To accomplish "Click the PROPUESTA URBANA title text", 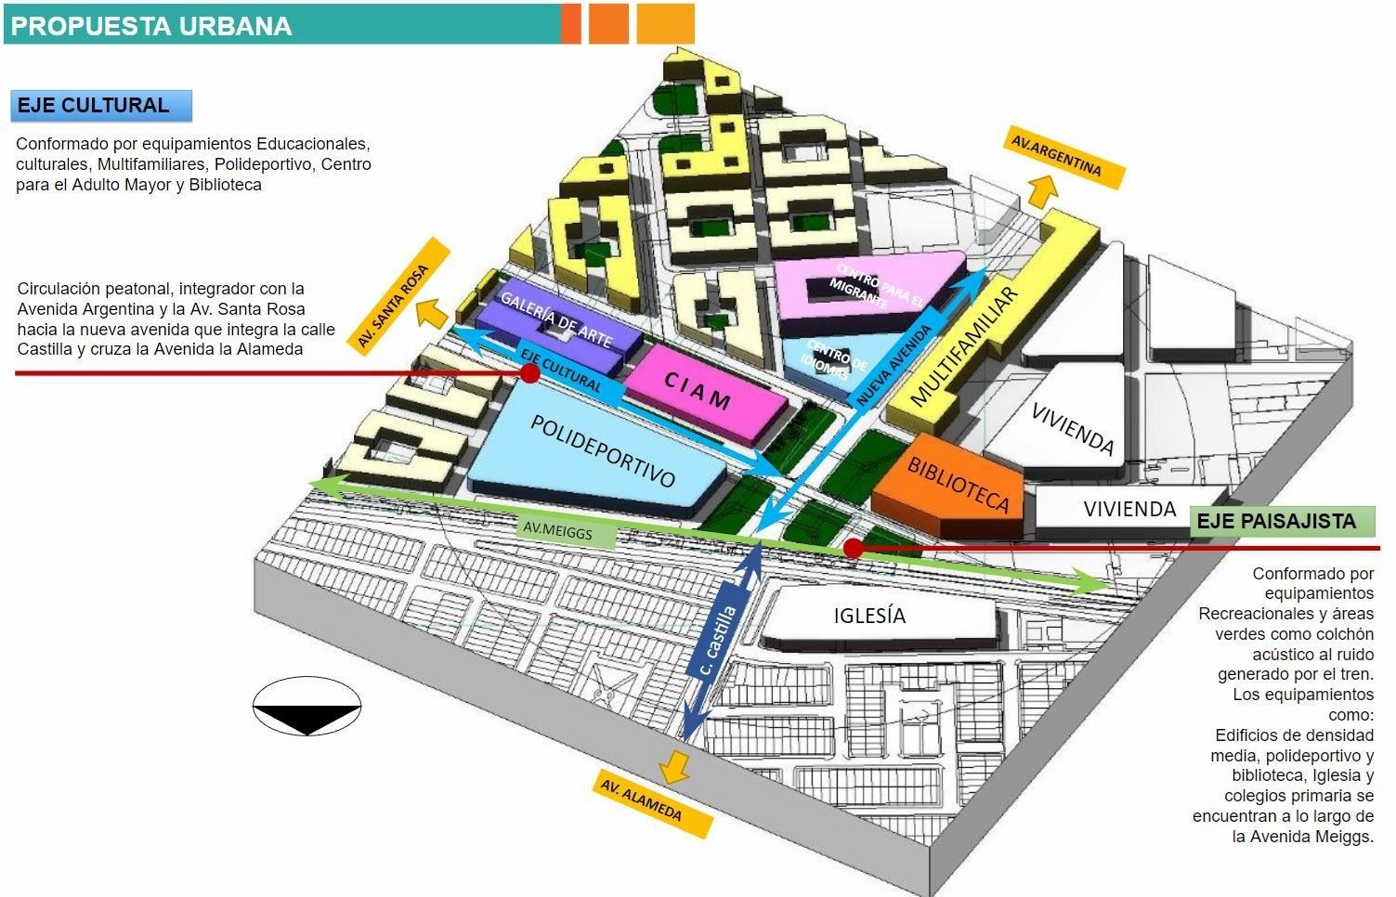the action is [151, 25].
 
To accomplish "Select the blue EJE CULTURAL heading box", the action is [101, 105].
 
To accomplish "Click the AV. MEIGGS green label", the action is [568, 531].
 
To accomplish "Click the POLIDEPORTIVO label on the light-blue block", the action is [602, 450].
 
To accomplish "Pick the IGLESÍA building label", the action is [869, 615].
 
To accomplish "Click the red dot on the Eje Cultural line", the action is [529, 373].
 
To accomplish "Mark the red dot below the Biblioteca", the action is [853, 548].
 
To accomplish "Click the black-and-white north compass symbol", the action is [307, 707].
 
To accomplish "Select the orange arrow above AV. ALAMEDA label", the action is [674, 767].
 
